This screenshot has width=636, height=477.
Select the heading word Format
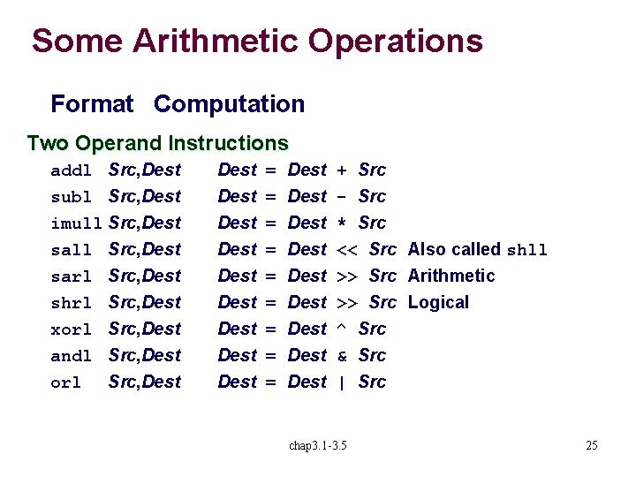pyautogui.click(x=92, y=104)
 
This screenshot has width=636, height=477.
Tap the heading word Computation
pyautogui.click(x=229, y=104)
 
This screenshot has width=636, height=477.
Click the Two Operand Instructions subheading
pyautogui.click(x=157, y=143)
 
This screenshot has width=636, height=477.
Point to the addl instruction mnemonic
pyautogui.click(x=72, y=170)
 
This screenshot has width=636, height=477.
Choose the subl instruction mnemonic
pyautogui.click(x=72, y=197)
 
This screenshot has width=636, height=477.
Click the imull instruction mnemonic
pyautogui.click(x=77, y=223)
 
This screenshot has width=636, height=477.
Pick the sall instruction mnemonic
pyautogui.click(x=72, y=250)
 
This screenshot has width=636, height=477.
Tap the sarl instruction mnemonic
pyautogui.click(x=72, y=276)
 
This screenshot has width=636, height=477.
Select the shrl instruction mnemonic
pyautogui.click(x=72, y=303)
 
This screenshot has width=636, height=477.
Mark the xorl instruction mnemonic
pyautogui.click(x=72, y=329)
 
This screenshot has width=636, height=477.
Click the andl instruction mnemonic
pyautogui.click(x=72, y=356)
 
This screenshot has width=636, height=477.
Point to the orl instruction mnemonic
pyautogui.click(x=66, y=382)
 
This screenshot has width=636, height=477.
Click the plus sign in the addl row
pyautogui.click(x=343, y=170)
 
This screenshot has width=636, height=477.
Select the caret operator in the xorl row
pyautogui.click(x=343, y=328)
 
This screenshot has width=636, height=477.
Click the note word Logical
pyautogui.click(x=438, y=302)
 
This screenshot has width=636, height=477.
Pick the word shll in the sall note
pyautogui.click(x=526, y=250)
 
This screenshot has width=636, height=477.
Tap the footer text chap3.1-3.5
pyautogui.click(x=318, y=445)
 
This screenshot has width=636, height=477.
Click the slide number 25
pyautogui.click(x=591, y=445)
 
